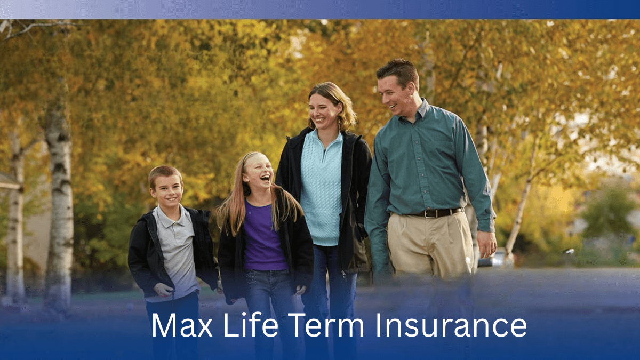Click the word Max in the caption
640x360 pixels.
coord(182,325)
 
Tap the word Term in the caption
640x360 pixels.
coord(326,325)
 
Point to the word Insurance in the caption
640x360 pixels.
coord(451,325)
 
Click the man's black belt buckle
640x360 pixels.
coord(429,214)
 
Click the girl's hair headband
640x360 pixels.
coord(248,158)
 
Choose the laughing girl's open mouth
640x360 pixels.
coord(266,179)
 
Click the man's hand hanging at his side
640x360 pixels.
coord(487,245)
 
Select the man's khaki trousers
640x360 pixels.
coord(429,246)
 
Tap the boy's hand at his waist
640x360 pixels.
coord(164,290)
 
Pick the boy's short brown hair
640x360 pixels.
coord(165,174)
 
